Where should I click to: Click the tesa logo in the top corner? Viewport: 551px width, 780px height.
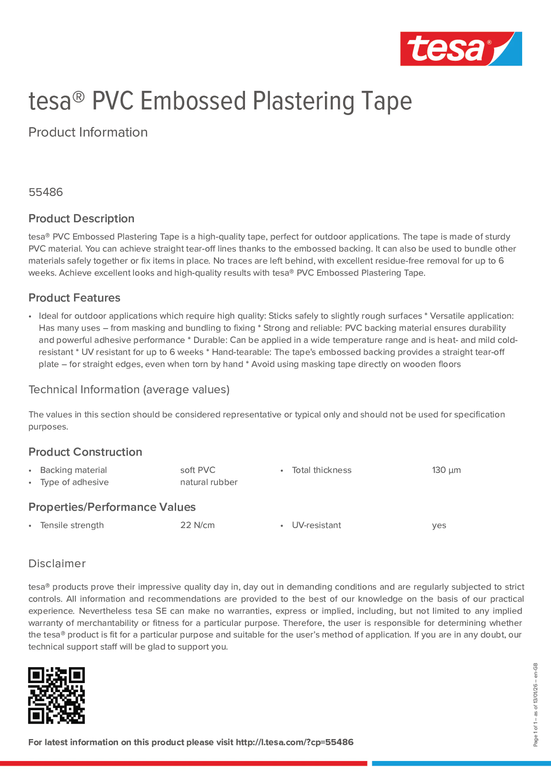click(x=461, y=48)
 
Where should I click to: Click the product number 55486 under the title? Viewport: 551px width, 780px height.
click(x=46, y=192)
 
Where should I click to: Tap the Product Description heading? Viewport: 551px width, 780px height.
click(x=81, y=218)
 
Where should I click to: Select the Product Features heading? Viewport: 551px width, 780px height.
click(x=74, y=298)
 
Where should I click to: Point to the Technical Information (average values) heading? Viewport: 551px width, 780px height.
click(x=129, y=389)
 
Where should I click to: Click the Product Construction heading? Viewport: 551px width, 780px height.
click(x=85, y=452)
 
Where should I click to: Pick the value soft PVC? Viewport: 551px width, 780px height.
click(x=198, y=470)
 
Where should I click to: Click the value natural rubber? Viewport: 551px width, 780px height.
click(x=208, y=482)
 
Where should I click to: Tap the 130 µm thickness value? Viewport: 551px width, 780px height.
click(x=446, y=470)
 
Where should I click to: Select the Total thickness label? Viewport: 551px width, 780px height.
click(x=321, y=470)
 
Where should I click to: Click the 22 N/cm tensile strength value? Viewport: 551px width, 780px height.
click(x=197, y=525)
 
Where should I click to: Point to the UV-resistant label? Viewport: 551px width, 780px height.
click(x=316, y=525)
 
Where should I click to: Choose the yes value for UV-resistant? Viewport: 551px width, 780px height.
click(x=439, y=526)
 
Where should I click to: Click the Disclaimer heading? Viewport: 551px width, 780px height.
click(x=57, y=564)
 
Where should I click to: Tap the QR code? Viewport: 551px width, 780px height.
click(x=56, y=695)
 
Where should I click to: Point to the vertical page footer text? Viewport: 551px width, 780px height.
click(x=535, y=705)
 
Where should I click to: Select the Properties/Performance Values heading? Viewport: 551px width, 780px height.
click(x=112, y=507)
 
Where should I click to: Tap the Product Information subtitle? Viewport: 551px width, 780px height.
click(x=88, y=132)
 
